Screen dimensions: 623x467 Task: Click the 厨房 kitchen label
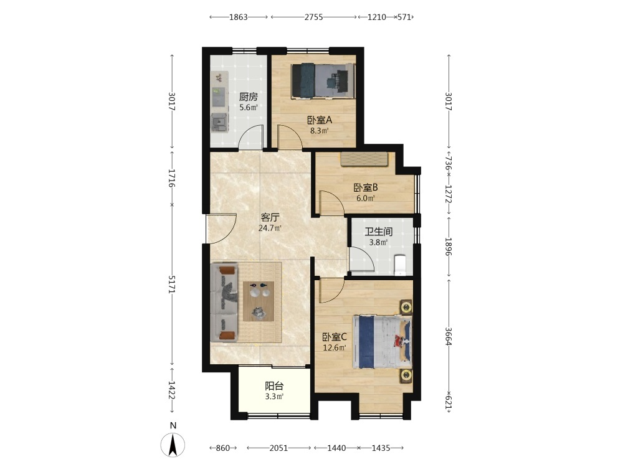coord(249,97)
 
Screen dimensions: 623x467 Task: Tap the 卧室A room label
coord(320,120)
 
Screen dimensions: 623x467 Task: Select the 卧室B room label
coord(366,187)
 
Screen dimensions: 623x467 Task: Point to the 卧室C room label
coord(334,337)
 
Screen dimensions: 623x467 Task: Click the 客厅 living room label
coord(270,217)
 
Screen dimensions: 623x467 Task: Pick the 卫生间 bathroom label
coord(379,232)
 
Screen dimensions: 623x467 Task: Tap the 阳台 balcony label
coord(274,385)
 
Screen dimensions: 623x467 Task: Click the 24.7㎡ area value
coord(270,228)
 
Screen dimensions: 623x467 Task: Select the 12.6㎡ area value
coord(334,348)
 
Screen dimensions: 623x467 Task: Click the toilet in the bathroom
coord(399,265)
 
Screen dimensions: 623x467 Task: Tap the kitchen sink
coord(219,122)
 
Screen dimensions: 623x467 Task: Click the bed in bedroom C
coord(382,342)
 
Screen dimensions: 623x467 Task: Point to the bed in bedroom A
coord(323,80)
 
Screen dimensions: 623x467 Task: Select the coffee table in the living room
coord(259,301)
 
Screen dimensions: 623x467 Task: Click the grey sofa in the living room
coord(224,302)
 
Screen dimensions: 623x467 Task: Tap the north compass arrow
coord(173,445)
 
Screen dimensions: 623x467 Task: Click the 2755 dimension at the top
coord(314,17)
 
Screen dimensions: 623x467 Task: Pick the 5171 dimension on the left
coord(172,285)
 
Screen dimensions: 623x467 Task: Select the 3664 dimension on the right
coord(448,336)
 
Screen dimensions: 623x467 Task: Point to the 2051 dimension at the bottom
coord(279,448)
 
